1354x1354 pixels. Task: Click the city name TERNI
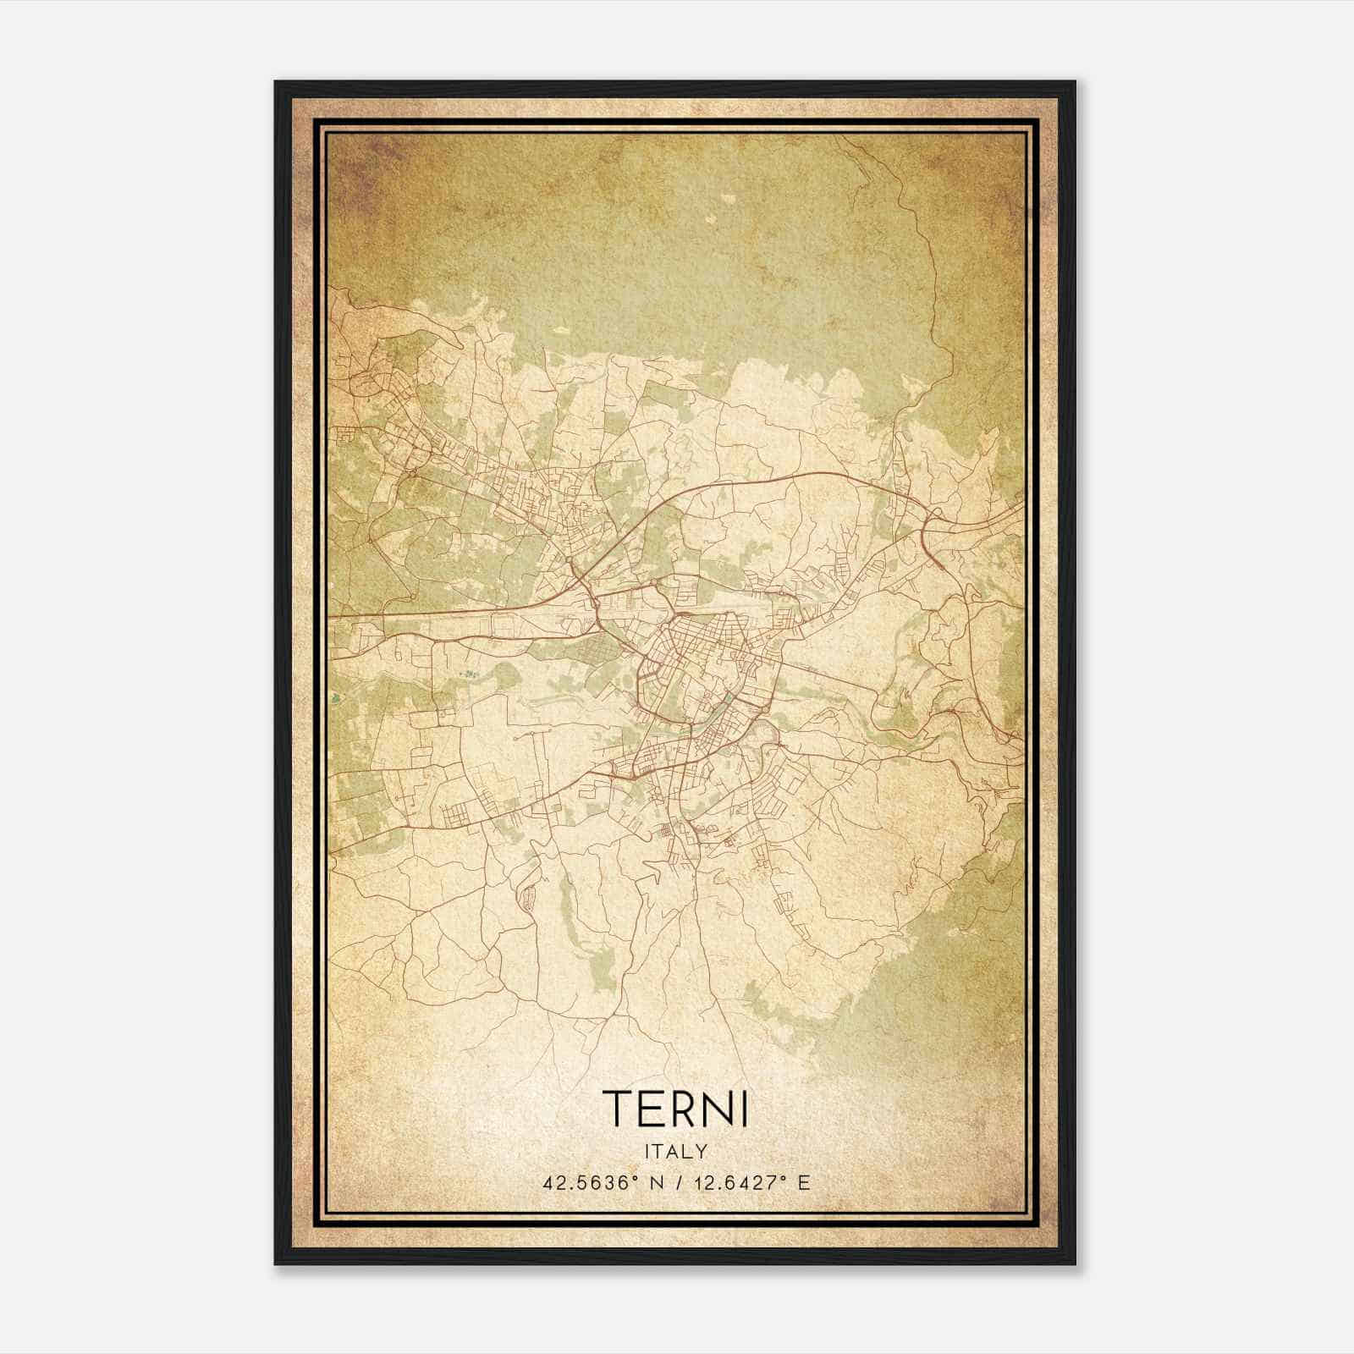(675, 1109)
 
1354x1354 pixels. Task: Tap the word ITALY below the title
(675, 1151)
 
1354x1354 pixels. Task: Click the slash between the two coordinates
(672, 1182)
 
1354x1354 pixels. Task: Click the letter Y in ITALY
(702, 1151)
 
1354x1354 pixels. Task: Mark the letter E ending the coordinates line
(805, 1182)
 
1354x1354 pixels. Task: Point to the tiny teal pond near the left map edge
(338, 699)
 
